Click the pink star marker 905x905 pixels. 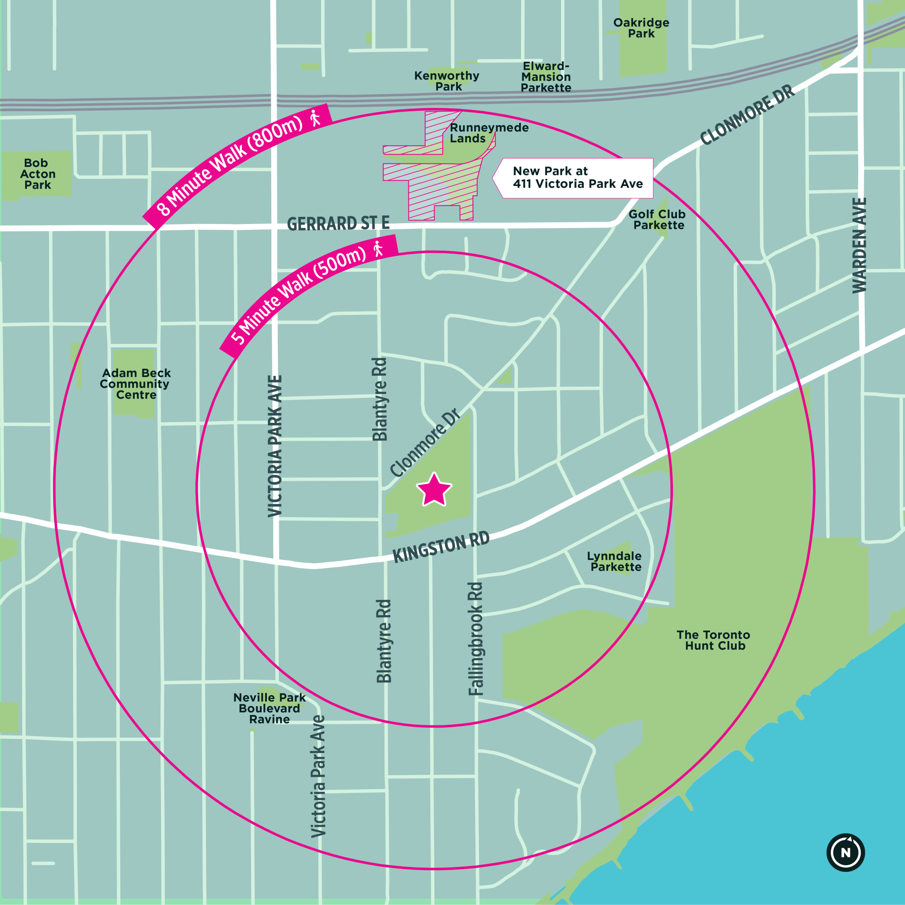pyautogui.click(x=434, y=491)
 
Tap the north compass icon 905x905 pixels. pyautogui.click(x=845, y=852)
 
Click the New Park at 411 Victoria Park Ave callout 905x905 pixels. pyautogui.click(x=576, y=178)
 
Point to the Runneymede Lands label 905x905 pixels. pyautogui.click(x=488, y=133)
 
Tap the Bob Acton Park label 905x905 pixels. pyautogui.click(x=37, y=174)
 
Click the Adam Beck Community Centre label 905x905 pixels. pyautogui.click(x=135, y=384)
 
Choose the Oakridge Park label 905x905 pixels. pyautogui.click(x=641, y=28)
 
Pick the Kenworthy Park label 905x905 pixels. pyautogui.click(x=447, y=81)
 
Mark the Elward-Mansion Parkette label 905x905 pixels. pyautogui.click(x=546, y=77)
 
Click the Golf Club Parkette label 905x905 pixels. pyautogui.click(x=657, y=220)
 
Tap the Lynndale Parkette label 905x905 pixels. pyautogui.click(x=615, y=561)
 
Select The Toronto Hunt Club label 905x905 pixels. pyautogui.click(x=713, y=640)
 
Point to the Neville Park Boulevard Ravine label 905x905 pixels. pyautogui.click(x=270, y=708)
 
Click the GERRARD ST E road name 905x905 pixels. pyautogui.click(x=338, y=224)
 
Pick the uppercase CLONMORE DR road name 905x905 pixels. pyautogui.click(x=747, y=115)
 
